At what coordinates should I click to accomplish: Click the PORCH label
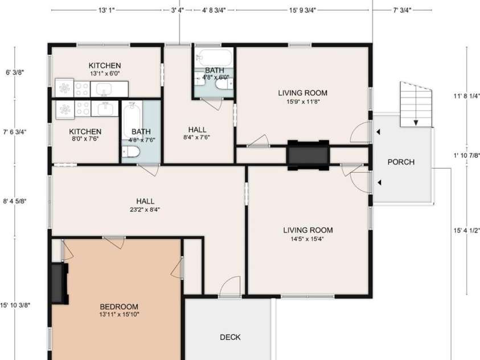[401, 162]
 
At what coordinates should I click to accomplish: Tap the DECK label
[230, 337]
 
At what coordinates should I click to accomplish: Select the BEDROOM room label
[118, 306]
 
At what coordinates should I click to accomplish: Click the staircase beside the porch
[416, 105]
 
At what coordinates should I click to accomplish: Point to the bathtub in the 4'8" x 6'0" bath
[214, 58]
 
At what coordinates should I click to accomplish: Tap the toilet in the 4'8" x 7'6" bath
[130, 152]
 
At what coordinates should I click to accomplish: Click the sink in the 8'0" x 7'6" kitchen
[104, 109]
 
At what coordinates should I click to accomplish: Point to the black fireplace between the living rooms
[307, 154]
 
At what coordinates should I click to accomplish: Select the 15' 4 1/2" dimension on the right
[466, 231]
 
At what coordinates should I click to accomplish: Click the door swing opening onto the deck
[231, 285]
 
